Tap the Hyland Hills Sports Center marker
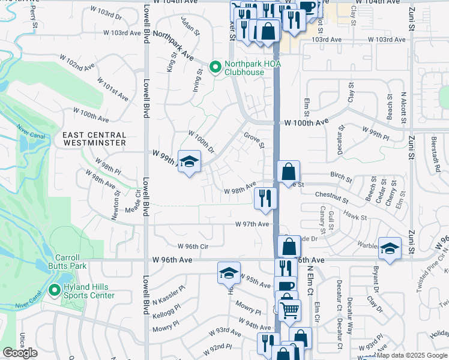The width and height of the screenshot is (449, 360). [x=55, y=291]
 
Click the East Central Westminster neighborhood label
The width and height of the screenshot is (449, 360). [x=94, y=139]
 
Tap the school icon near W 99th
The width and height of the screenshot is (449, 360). [x=190, y=161]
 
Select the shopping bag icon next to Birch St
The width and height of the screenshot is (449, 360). [x=288, y=171]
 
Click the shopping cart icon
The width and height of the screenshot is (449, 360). [x=290, y=310]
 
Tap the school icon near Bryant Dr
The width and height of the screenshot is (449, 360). [x=389, y=248]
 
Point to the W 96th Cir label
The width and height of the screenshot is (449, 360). [x=192, y=246]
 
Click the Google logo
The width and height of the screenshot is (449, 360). [x=20, y=353]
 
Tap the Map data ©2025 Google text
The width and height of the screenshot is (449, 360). [x=411, y=355]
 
